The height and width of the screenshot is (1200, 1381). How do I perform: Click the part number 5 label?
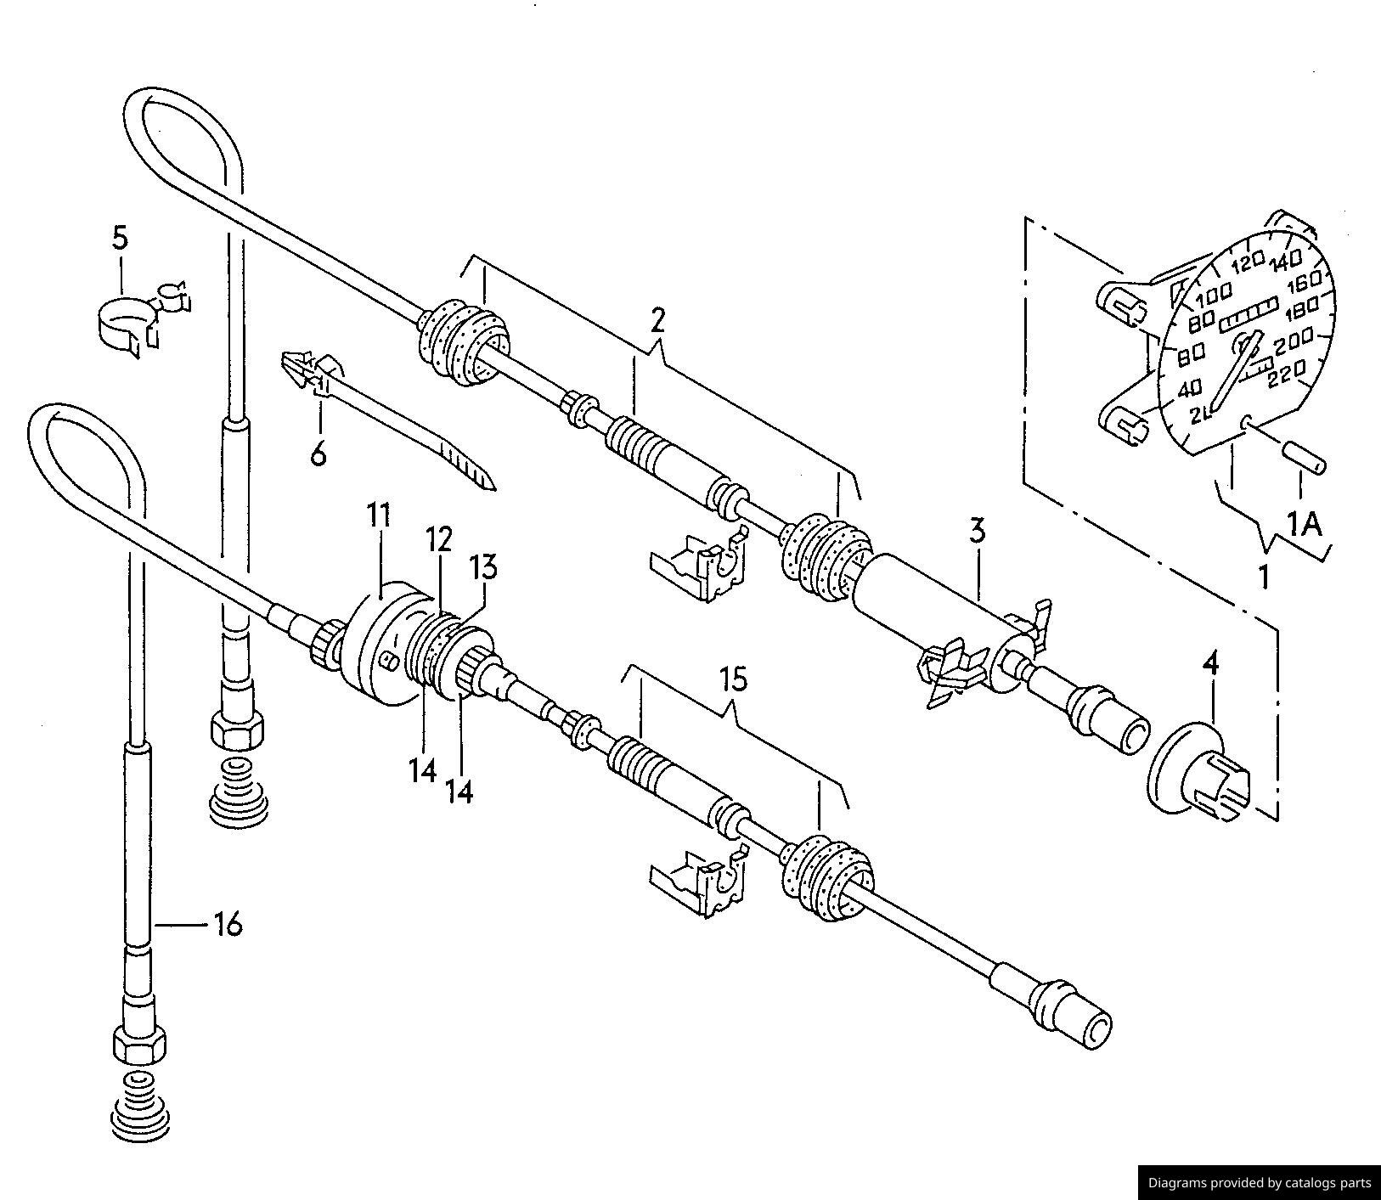[120, 239]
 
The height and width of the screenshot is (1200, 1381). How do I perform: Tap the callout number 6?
[318, 454]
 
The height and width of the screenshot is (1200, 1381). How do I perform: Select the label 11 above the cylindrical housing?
[379, 515]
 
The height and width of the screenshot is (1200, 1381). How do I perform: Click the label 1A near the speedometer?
[1304, 526]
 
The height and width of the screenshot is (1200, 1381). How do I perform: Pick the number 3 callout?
[977, 532]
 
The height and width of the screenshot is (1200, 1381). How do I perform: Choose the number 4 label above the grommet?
[1210, 663]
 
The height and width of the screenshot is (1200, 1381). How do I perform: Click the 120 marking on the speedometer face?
[1249, 263]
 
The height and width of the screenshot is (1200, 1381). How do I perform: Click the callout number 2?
[657, 319]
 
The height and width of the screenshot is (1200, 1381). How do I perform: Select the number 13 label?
[486, 567]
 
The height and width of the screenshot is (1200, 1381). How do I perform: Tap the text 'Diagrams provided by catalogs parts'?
[1260, 1182]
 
